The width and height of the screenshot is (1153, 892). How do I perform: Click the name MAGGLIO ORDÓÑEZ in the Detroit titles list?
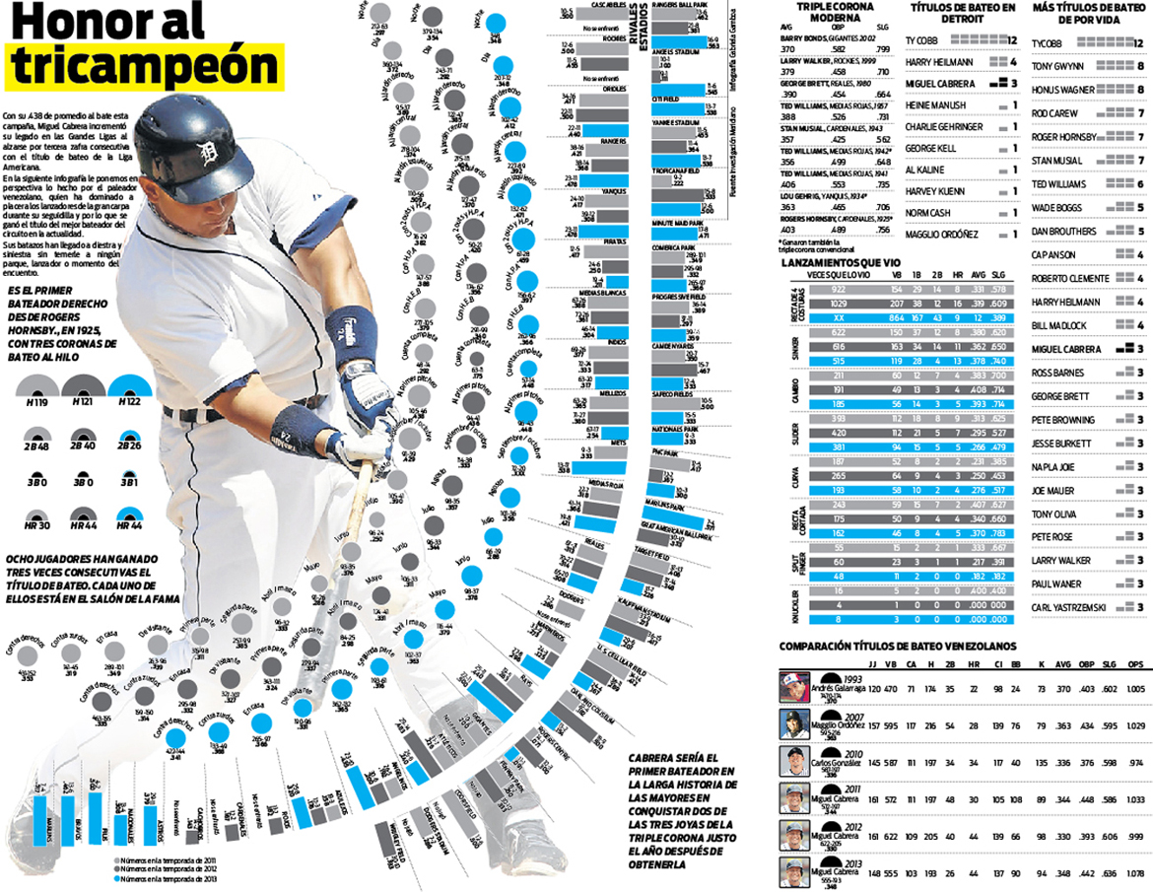pyautogui.click(x=941, y=234)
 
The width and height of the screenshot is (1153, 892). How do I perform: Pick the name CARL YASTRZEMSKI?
pyautogui.click(x=1068, y=607)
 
